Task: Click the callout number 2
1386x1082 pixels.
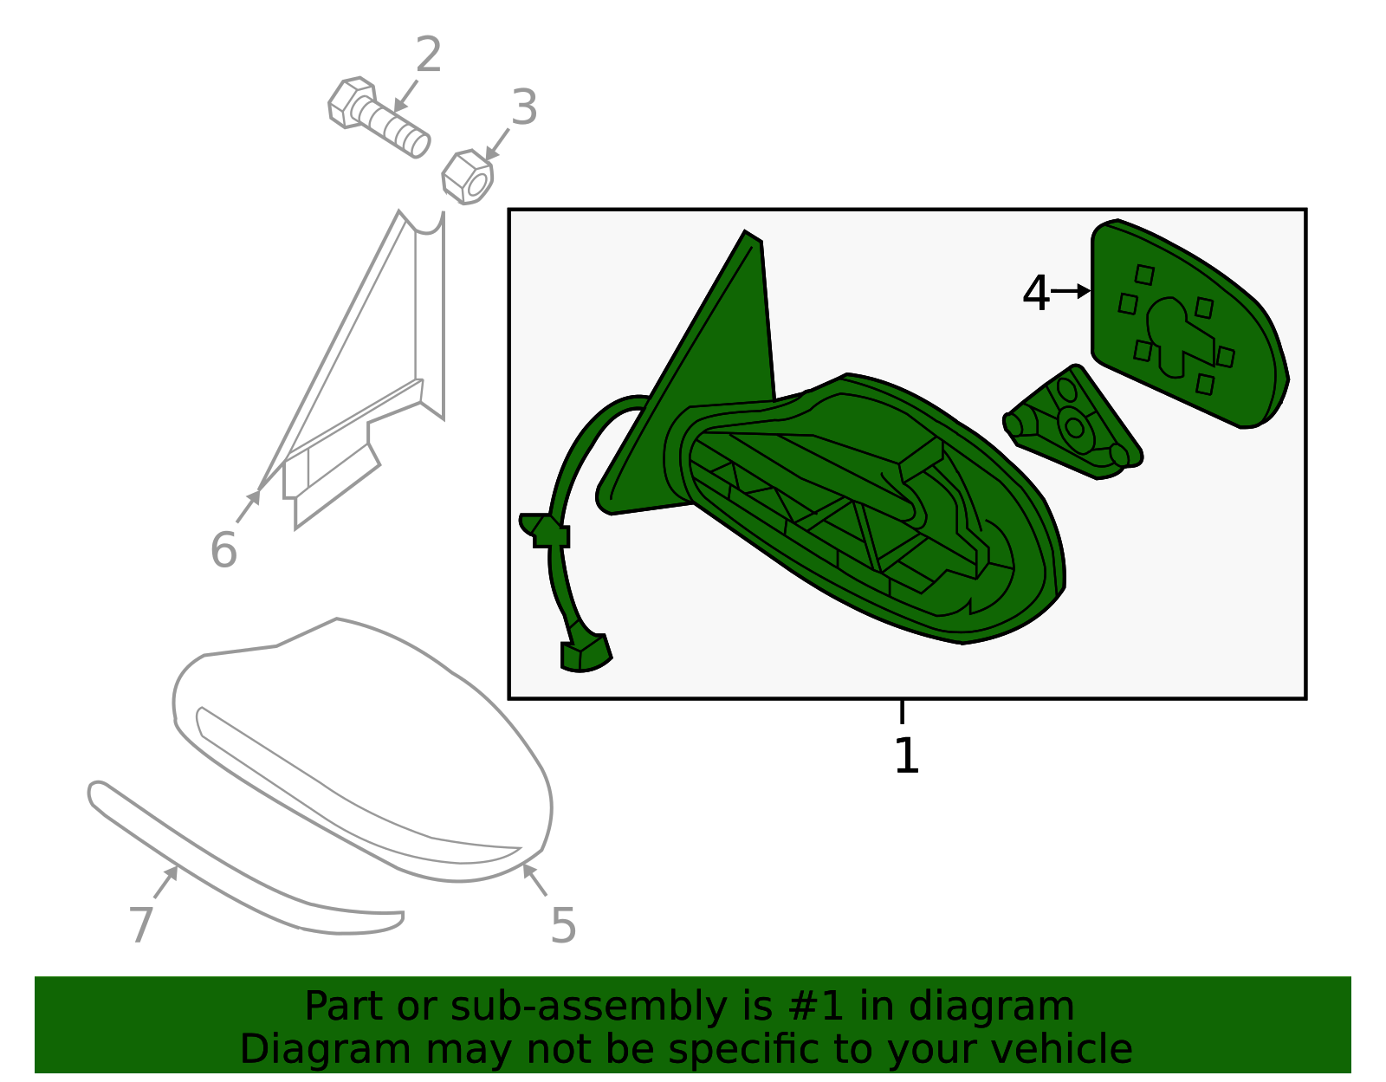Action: coord(428,55)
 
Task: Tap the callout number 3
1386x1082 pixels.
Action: coord(524,107)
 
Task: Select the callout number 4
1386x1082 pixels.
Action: coord(1035,294)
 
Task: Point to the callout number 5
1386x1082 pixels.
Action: coord(563,925)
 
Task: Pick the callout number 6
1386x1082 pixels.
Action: coord(223,549)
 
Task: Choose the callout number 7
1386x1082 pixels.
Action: coord(141,923)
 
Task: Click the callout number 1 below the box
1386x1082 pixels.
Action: coord(906,756)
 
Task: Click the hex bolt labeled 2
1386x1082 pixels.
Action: coord(379,117)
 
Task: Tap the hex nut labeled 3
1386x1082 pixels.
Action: coord(468,177)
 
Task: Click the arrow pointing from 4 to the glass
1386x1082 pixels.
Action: coord(1071,291)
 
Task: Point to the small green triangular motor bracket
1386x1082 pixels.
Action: coord(1073,423)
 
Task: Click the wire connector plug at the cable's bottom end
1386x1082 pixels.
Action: coord(586,652)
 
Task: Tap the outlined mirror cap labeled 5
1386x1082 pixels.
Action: coord(363,750)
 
